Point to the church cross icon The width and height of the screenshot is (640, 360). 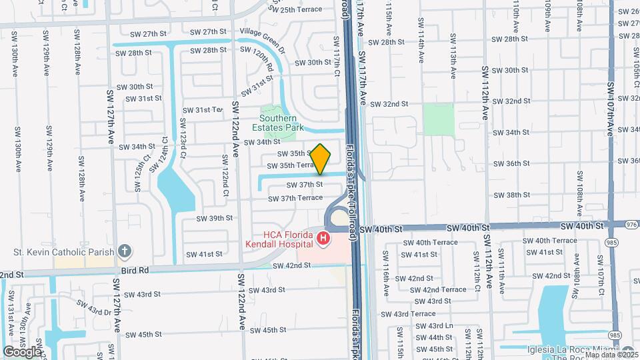pos(123,252)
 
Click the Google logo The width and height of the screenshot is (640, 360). pos(22,351)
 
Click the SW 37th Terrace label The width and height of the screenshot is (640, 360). pos(295,199)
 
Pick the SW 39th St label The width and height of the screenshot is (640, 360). pos(215,218)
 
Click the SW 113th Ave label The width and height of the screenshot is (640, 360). pos(453,50)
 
